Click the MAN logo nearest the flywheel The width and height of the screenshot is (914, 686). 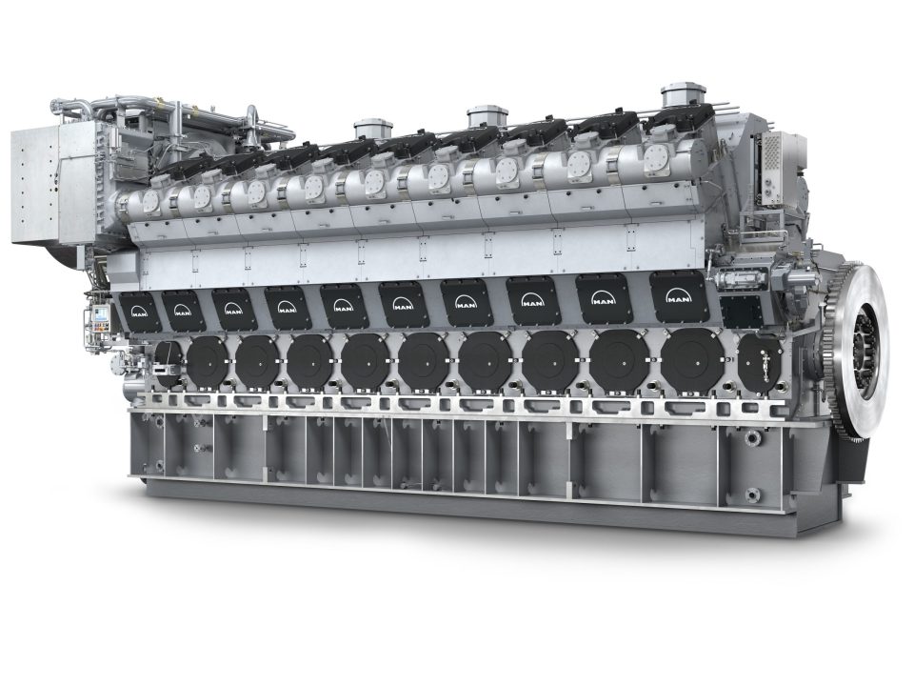point(679,298)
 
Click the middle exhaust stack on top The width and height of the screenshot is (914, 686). point(487,117)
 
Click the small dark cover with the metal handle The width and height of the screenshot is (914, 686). point(759,362)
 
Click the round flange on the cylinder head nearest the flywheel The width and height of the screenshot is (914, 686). point(656,160)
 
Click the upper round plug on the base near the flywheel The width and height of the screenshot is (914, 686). point(752,439)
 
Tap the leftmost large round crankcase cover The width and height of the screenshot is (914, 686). point(206,362)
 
